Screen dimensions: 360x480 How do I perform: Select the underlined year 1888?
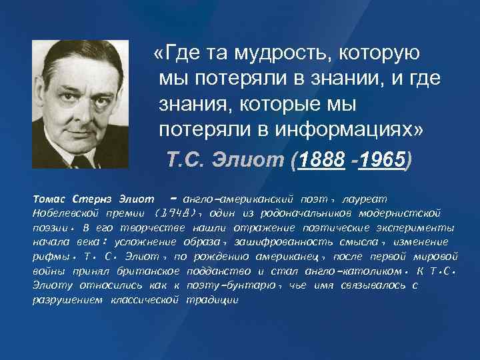[323, 160]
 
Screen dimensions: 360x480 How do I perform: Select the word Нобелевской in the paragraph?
[66, 213]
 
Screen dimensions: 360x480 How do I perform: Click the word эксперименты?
[414, 227]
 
